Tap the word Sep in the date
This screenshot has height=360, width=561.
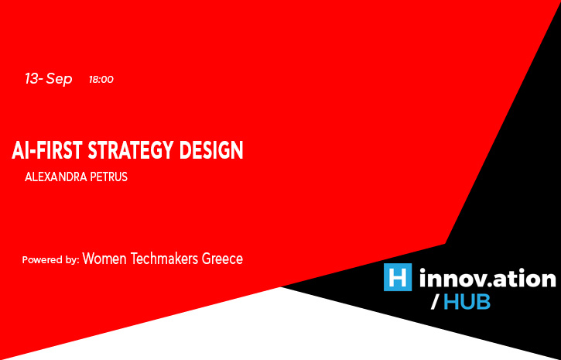pos(60,79)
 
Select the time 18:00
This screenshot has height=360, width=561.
pos(101,80)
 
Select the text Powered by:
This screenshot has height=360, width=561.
pos(50,260)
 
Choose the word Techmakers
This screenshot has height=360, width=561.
pos(164,259)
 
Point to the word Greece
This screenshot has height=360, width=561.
pos(223,259)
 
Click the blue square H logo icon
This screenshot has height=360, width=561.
pos(398,277)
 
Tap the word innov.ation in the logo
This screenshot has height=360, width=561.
pos(487,277)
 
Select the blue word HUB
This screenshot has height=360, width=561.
pos(467,302)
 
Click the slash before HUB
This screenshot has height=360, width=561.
pos(436,303)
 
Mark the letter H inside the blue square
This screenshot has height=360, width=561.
pos(398,277)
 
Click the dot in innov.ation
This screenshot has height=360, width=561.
pos(487,284)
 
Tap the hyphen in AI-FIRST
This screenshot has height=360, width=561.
pos(32,151)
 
